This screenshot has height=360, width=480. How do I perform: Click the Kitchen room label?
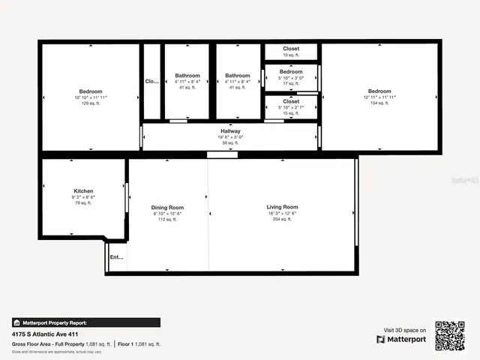tap(83, 191)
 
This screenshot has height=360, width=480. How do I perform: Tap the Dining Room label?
tap(167, 208)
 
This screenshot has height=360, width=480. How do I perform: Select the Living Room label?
tap(282, 207)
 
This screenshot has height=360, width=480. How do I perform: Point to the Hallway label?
tap(230, 131)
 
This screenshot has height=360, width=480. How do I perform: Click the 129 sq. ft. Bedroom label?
tap(90, 91)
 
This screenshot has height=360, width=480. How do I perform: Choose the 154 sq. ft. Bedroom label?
tap(379, 91)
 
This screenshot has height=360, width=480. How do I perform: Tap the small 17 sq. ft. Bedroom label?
tap(291, 72)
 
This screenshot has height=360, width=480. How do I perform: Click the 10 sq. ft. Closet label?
tap(291, 49)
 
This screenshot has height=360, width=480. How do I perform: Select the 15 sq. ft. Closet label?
tap(291, 101)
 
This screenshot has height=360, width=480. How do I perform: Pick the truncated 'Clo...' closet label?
tap(151, 82)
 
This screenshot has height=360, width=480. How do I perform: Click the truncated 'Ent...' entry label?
tap(117, 257)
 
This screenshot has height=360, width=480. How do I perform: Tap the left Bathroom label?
tap(187, 76)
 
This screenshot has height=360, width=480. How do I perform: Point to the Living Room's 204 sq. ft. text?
tap(282, 220)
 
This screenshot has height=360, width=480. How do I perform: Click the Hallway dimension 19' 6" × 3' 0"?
tap(230, 137)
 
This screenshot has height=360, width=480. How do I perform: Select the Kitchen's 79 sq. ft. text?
tap(83, 202)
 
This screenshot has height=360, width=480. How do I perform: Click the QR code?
tap(451, 335)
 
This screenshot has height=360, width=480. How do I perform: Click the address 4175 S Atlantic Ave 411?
tap(45, 334)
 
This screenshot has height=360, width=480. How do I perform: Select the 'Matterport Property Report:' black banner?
tap(85, 322)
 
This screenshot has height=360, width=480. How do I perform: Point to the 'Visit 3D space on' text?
tap(405, 330)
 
